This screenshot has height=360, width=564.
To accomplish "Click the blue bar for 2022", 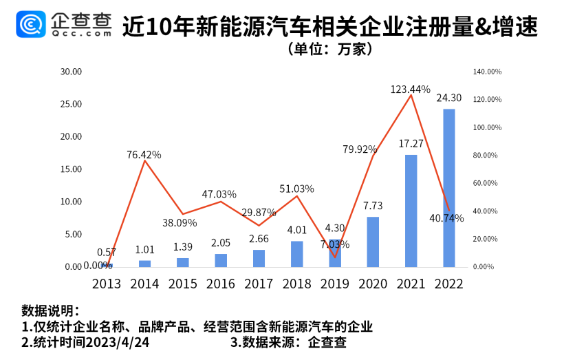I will tap(448, 187).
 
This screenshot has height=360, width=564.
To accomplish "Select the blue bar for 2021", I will tap(411, 211).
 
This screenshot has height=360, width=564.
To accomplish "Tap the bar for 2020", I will tap(373, 242).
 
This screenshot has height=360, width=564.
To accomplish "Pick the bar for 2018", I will tap(296, 254).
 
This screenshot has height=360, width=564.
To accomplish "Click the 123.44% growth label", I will tap(410, 89).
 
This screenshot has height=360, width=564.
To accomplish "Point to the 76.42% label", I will tap(144, 155).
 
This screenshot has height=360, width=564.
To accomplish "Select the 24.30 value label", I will tap(448, 98).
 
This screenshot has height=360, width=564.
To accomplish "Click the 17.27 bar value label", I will tap(410, 144).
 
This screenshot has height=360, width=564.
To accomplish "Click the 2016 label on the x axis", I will tap(220, 284).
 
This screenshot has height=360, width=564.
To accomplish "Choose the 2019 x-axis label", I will tap(334, 284).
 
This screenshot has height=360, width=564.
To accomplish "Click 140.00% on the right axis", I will tap(487, 72).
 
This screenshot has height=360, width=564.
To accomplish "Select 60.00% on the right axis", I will tap(487, 183).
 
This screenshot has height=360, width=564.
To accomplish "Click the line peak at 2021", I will tap(411, 96).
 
